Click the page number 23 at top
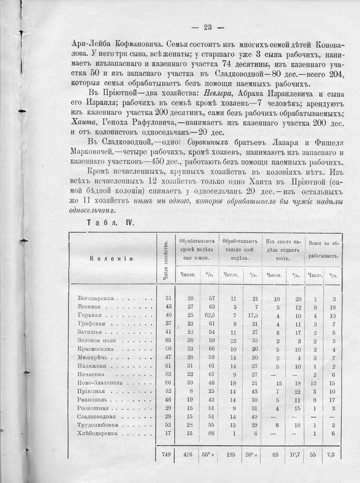pyautogui.click(x=205, y=27)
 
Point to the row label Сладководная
pyautogui.click(x=96, y=415)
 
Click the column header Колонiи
pyautogui.click(x=111, y=258)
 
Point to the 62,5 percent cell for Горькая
pyautogui.click(x=203, y=315)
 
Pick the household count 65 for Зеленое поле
pyautogui.click(x=165, y=341)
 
